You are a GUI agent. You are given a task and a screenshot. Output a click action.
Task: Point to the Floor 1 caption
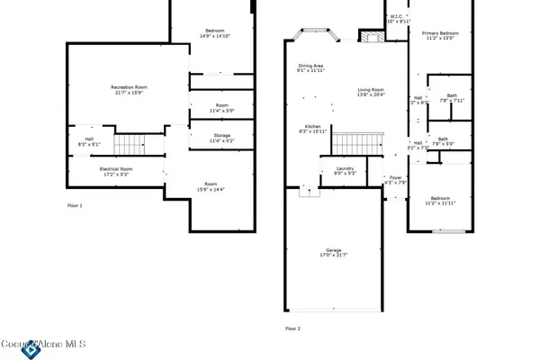point(75,206)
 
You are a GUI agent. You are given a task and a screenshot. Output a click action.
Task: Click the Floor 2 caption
point(292,328)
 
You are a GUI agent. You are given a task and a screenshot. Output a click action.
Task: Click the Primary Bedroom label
point(440,34)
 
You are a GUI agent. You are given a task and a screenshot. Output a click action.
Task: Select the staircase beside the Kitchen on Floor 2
point(352,141)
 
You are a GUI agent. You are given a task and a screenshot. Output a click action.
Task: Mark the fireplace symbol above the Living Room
point(371,36)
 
